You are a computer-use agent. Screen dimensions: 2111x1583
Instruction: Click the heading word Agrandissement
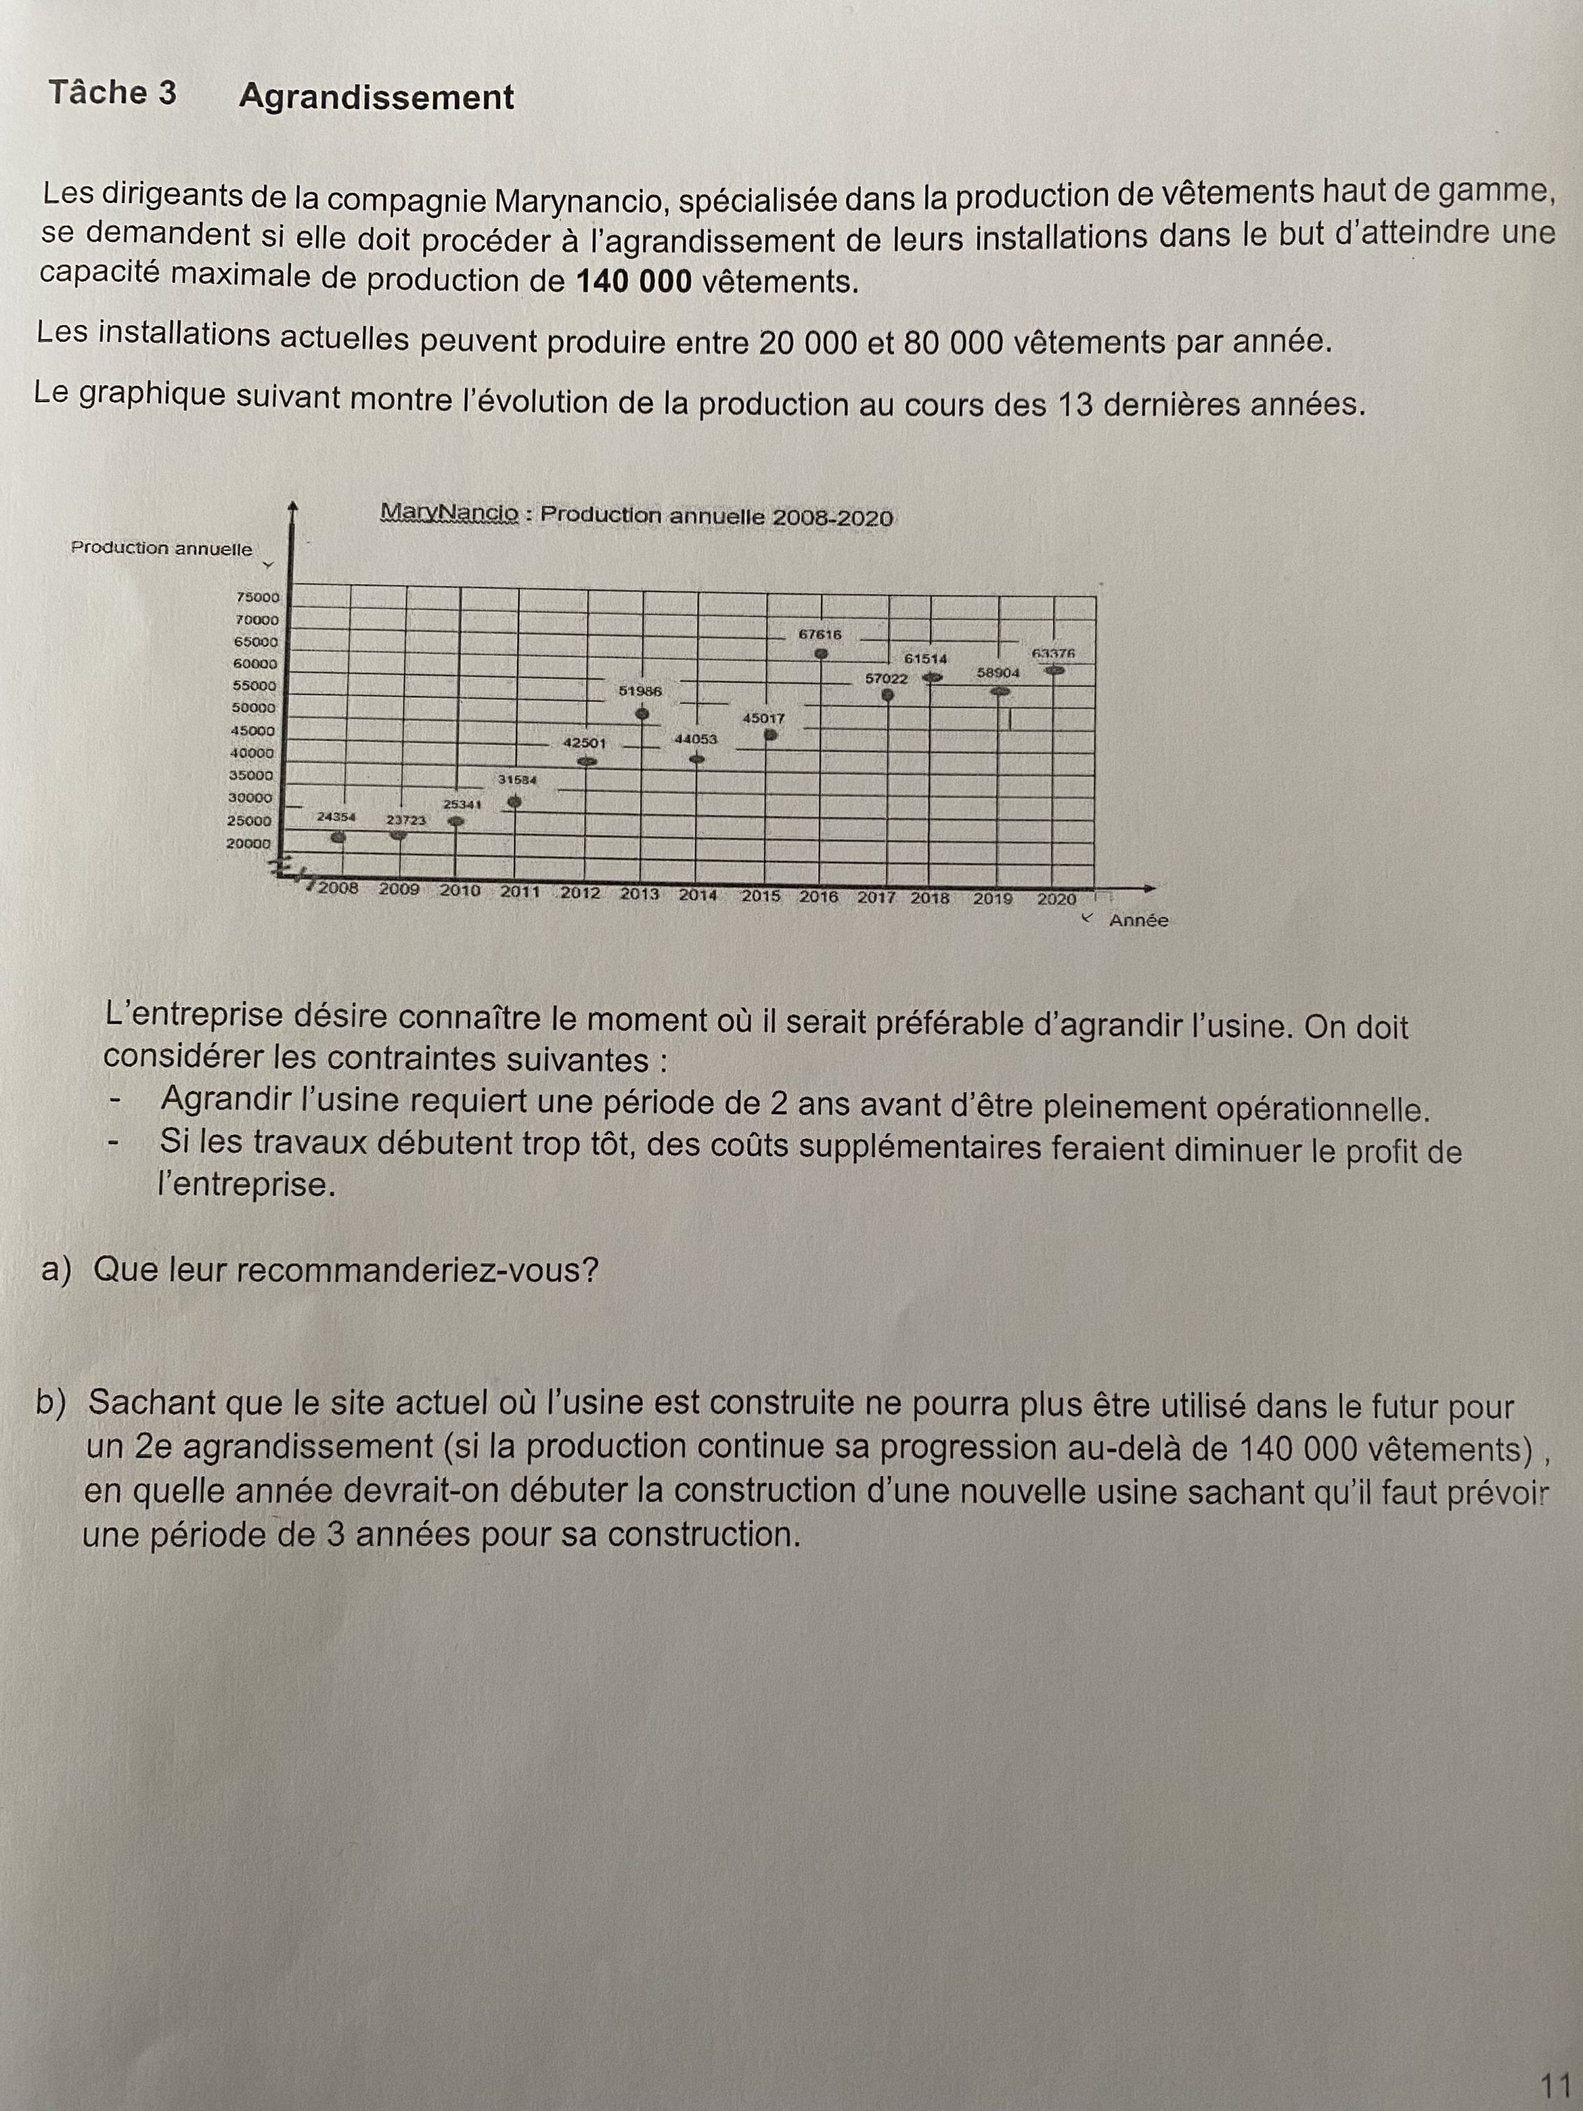[x=376, y=96]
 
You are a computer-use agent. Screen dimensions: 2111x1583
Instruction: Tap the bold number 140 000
[x=634, y=281]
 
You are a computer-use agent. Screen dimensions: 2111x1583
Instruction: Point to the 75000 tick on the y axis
[x=258, y=598]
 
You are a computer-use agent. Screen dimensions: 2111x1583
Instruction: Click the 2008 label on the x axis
[x=338, y=889]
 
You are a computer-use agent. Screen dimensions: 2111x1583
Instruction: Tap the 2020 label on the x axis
[x=1056, y=899]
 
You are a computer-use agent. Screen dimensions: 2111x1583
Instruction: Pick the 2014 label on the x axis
[x=697, y=895]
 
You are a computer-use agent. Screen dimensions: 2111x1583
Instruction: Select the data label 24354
[x=336, y=817]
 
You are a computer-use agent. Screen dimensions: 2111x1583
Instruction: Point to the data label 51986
[x=639, y=690]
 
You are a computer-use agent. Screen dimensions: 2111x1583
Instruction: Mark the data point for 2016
[x=821, y=655]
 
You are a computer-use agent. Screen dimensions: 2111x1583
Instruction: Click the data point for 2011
[x=514, y=801]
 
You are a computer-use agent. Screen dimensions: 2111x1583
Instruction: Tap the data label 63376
[x=1053, y=653]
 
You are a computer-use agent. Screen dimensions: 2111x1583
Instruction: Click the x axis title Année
[x=1138, y=921]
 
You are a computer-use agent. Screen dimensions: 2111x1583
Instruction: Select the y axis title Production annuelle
[x=161, y=548]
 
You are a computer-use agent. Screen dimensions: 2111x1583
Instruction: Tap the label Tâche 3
[x=112, y=93]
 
